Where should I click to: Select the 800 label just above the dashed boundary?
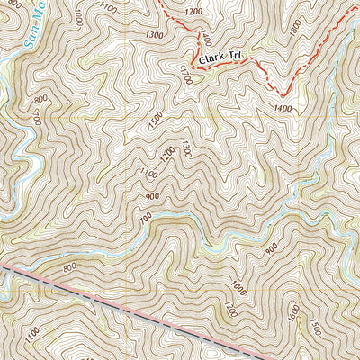click(71, 267)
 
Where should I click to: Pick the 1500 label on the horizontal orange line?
click(156, 117)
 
